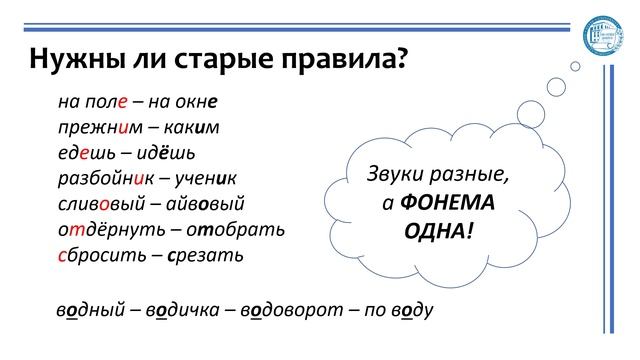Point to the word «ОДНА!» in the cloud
click(x=438, y=230)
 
